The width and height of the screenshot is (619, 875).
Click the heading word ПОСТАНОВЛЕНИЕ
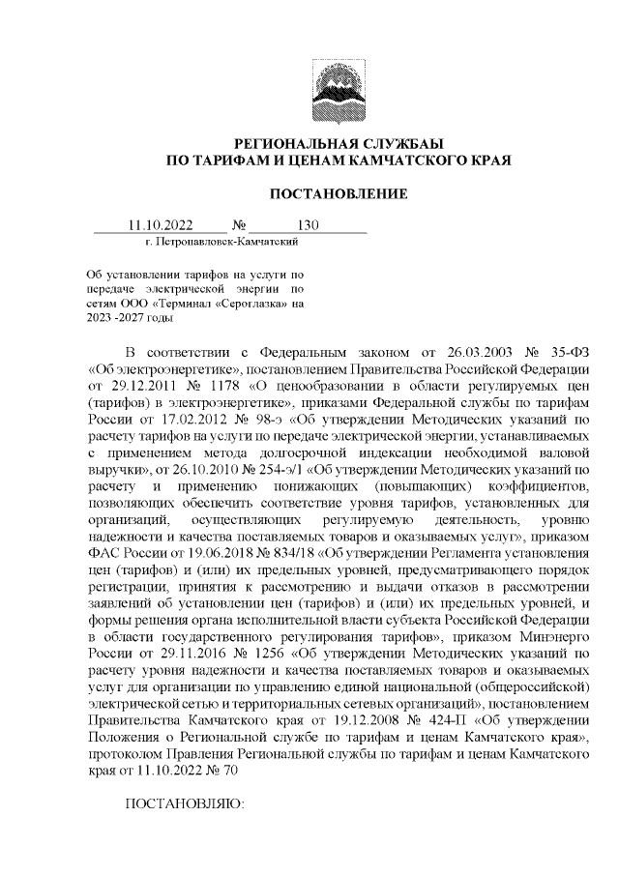338,195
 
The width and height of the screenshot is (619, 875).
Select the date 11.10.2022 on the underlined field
161,225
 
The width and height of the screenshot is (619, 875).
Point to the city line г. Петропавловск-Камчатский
206,241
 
